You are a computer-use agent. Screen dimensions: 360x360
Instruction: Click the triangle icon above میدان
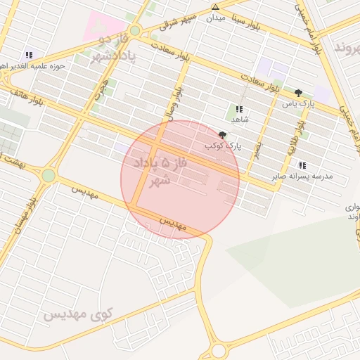coord(216,8)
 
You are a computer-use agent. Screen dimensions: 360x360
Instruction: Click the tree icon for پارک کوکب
coord(223,134)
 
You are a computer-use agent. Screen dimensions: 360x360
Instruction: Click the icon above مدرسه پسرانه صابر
coord(302,165)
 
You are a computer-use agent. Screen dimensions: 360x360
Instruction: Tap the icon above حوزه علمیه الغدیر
coord(29,54)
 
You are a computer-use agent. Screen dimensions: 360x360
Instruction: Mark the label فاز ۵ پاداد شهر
coord(166,171)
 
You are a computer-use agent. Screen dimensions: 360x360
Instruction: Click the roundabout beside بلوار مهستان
coord(48,175)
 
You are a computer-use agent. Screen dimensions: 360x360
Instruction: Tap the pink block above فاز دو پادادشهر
coord(103,25)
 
